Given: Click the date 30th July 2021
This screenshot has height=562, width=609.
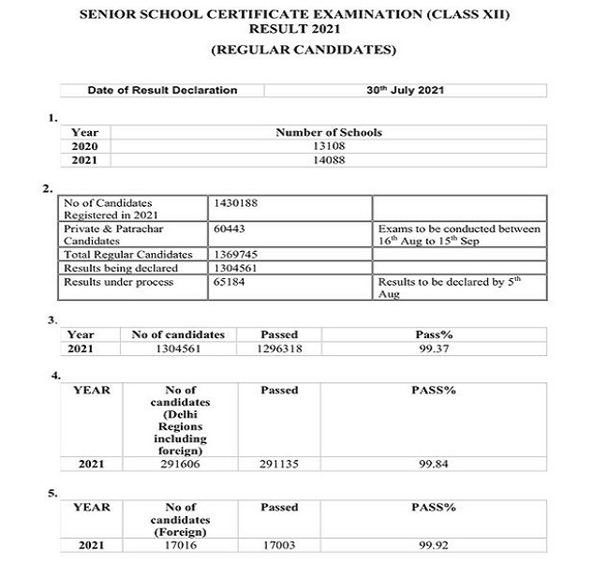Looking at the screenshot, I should [x=406, y=91].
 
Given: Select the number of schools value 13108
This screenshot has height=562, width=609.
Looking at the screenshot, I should [x=328, y=146].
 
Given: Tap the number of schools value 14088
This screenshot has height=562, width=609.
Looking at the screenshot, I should [x=328, y=160].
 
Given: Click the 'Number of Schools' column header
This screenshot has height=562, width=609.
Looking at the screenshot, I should [x=328, y=133].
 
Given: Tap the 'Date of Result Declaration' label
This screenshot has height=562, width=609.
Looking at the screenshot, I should [x=162, y=91].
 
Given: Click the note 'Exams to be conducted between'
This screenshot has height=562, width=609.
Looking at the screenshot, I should [x=459, y=229].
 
